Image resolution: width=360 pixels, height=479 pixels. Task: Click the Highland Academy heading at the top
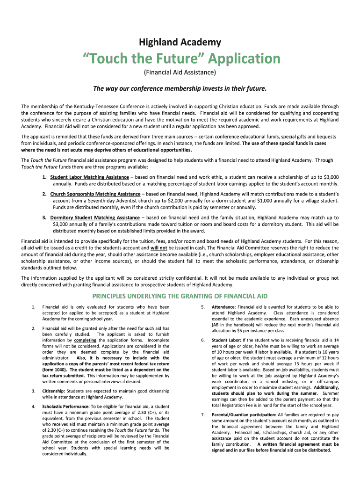(x=180, y=43)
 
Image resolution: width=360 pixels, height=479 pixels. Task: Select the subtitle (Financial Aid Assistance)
(x=180, y=73)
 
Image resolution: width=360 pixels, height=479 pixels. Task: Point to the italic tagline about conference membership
(x=180, y=88)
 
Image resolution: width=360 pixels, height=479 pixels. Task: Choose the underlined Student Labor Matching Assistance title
(x=89, y=177)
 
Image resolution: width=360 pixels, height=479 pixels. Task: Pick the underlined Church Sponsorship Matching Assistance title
(x=95, y=194)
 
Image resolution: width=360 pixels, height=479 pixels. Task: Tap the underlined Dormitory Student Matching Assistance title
(x=95, y=218)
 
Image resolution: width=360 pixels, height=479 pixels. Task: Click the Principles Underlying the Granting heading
(x=180, y=296)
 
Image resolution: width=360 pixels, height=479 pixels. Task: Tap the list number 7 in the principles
(x=202, y=414)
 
